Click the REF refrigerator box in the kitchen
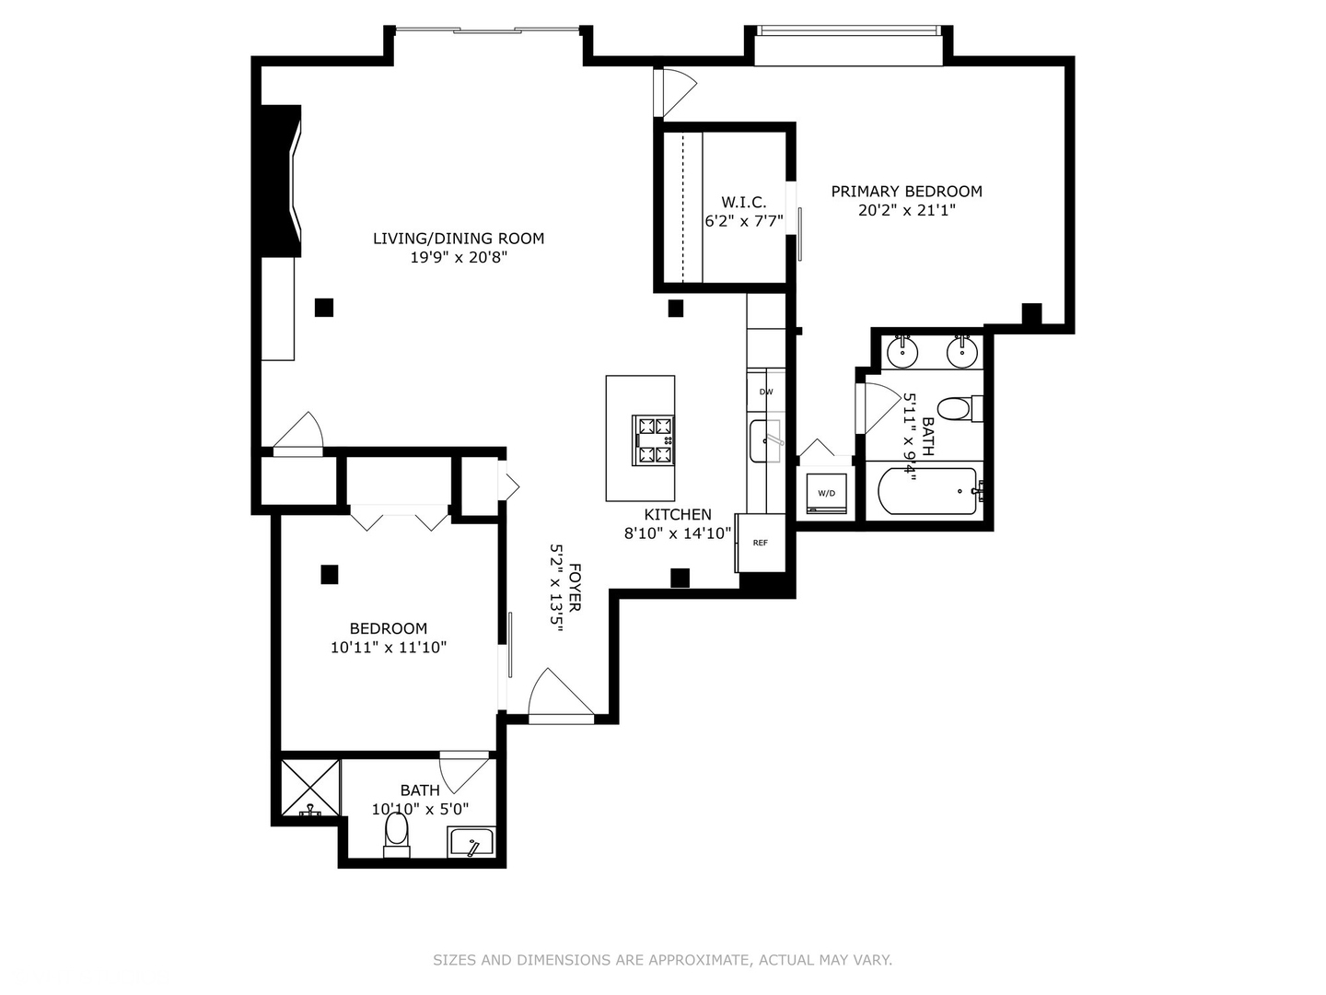[x=761, y=543]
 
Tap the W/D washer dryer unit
[x=826, y=493]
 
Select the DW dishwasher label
[x=765, y=392]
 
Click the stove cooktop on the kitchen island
[x=653, y=440]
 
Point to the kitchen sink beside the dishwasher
[x=764, y=440]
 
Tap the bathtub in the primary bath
[x=926, y=492]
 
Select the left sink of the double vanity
[x=902, y=351]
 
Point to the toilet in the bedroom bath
[x=397, y=831]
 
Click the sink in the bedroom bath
[x=471, y=842]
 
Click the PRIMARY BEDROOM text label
[x=906, y=192]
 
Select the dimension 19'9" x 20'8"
[x=459, y=258]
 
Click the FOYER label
[x=575, y=587]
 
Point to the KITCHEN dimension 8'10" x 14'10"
[x=678, y=533]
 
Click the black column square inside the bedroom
[x=330, y=574]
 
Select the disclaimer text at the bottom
[x=662, y=960]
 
